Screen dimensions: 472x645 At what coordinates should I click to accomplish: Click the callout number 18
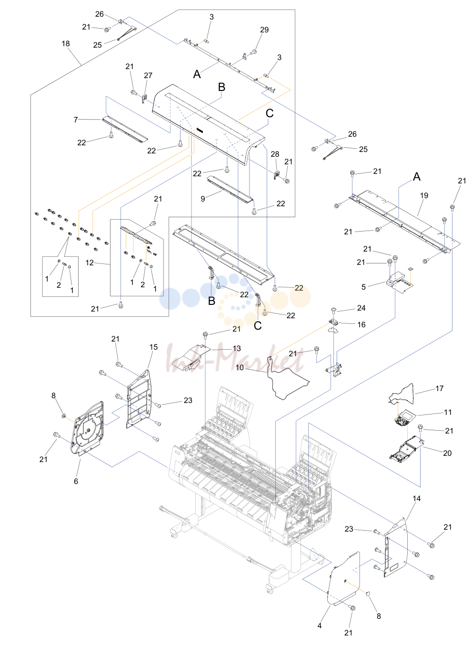pos(66,43)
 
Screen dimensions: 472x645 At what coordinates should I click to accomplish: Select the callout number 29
pos(264,30)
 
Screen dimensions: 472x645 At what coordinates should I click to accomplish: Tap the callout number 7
pos(76,120)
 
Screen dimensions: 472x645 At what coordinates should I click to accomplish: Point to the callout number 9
pos(203,199)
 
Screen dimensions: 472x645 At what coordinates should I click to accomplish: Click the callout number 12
pos(90,262)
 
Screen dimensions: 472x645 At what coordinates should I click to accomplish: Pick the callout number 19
pos(424,195)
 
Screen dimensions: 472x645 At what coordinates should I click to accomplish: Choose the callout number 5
pos(363,287)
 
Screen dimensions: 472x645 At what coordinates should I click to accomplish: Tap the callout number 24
pos(361,308)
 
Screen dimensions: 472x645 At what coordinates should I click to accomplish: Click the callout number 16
pos(361,324)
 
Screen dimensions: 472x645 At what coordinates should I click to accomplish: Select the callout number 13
pos(236,348)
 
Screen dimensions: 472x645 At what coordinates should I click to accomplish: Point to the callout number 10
pos(240,367)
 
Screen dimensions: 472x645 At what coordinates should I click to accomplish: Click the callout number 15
pos(153,347)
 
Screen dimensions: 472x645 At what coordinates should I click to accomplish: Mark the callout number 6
pos(76,481)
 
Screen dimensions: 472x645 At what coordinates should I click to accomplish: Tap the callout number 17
pos(439,388)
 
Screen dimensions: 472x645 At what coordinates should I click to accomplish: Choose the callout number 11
pos(448,413)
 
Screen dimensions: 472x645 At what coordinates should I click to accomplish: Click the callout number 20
pos(447,453)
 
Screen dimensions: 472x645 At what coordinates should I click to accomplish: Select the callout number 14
pos(416,498)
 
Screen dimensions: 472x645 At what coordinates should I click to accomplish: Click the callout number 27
pos(148,75)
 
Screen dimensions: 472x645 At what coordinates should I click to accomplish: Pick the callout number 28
pos(275,154)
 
